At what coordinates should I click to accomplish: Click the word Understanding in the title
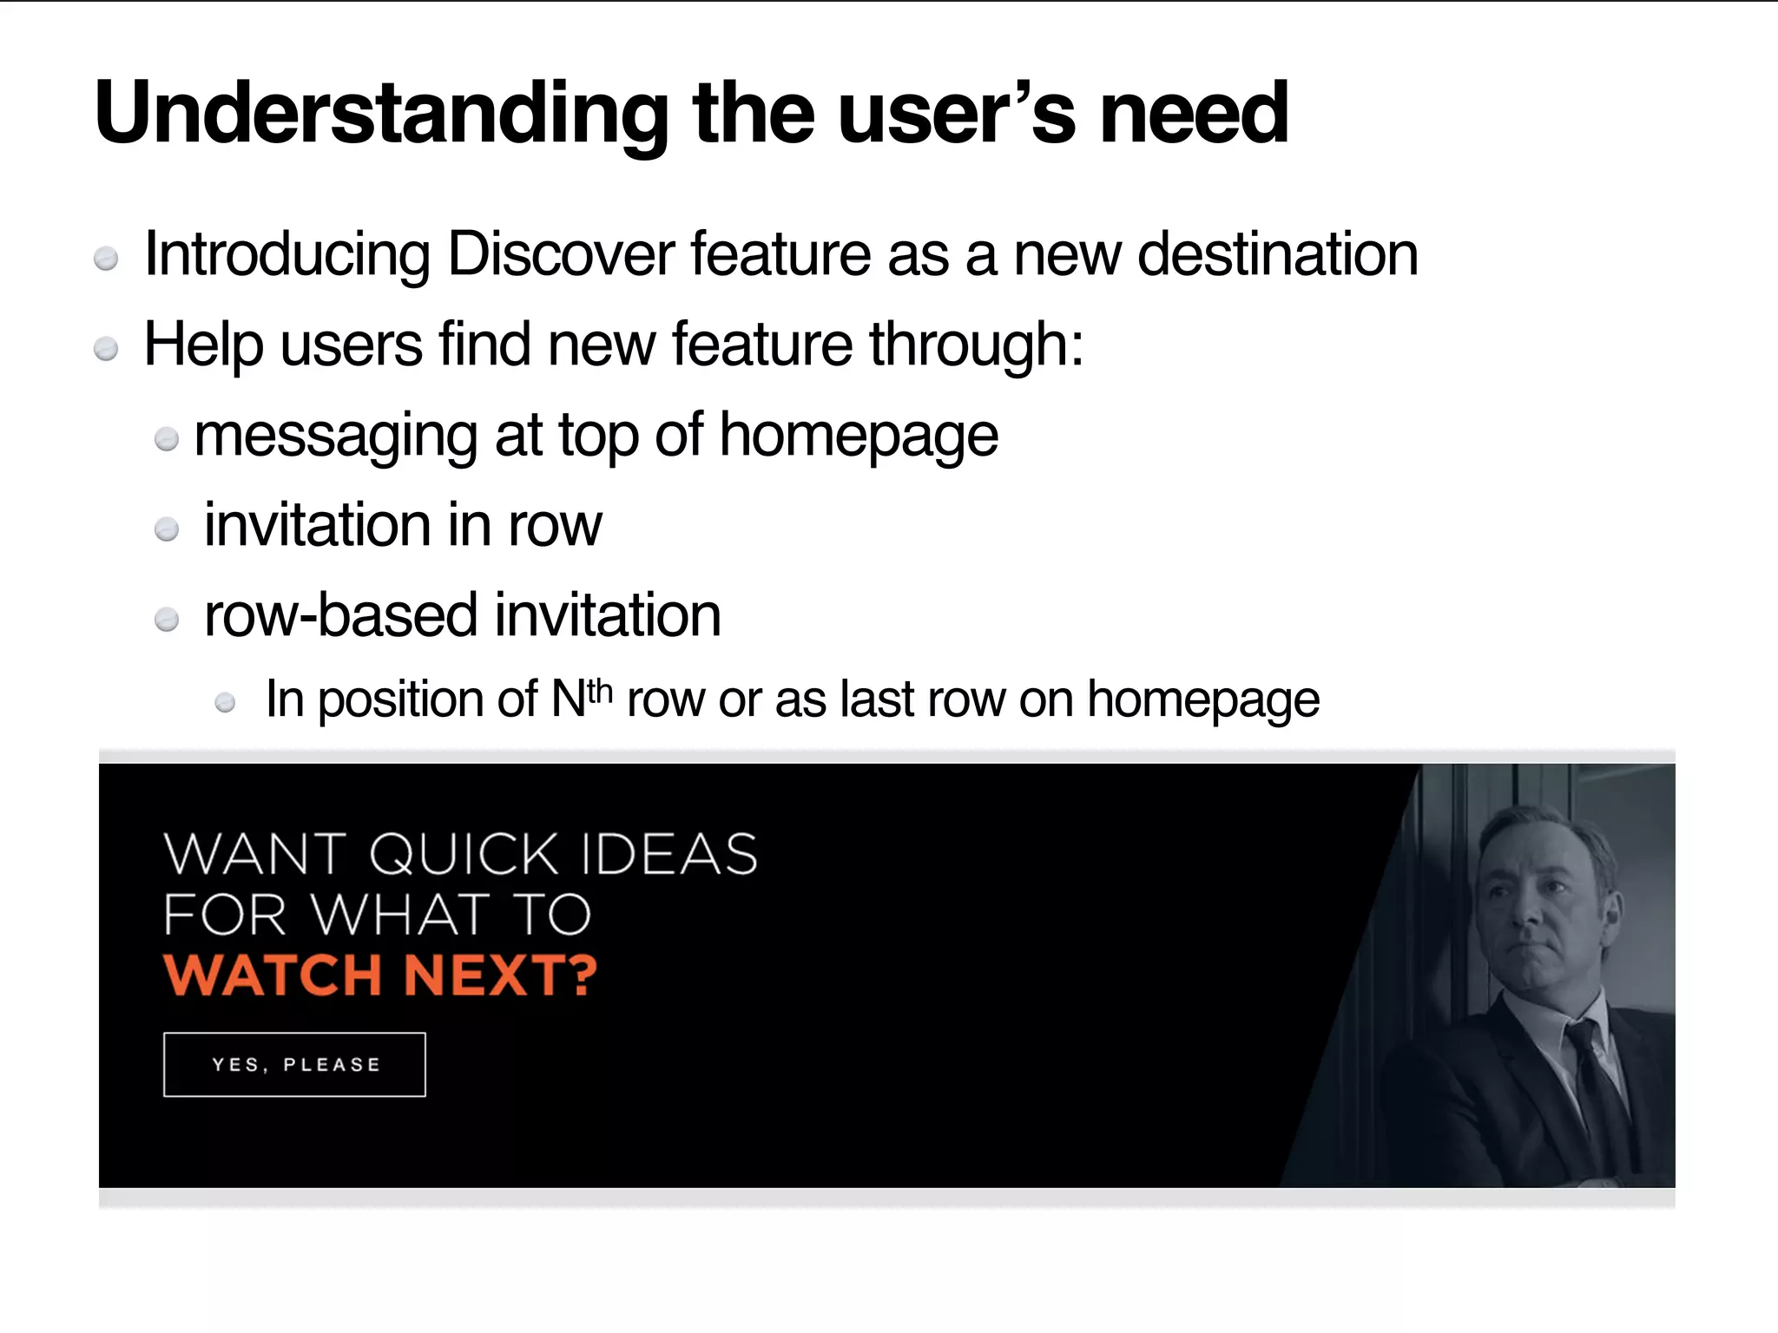tap(382, 115)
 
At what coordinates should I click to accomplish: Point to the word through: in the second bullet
tap(977, 345)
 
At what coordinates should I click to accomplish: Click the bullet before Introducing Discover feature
tap(106, 259)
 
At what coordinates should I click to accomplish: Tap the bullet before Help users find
tap(106, 349)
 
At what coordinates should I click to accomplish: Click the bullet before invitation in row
tap(167, 529)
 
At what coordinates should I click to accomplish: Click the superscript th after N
tap(600, 691)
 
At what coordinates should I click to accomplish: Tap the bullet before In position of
tap(225, 702)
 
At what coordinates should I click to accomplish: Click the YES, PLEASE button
tap(294, 1065)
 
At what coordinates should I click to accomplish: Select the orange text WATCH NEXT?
tap(380, 975)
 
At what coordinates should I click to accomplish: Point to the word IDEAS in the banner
tap(669, 854)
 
